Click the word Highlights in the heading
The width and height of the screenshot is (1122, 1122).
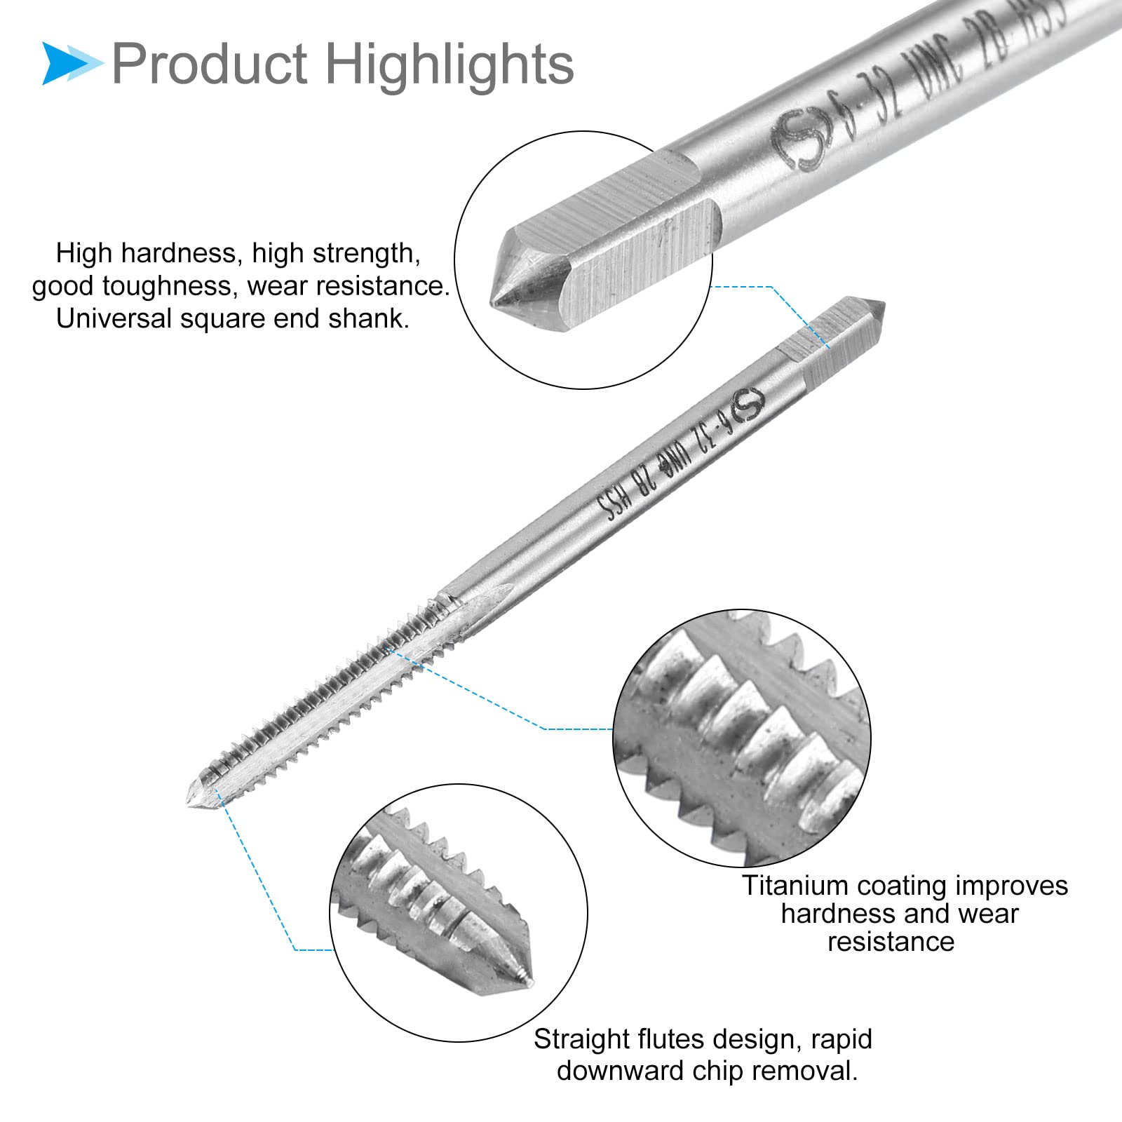pos(450,64)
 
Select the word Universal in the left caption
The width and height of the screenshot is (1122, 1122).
pos(114,318)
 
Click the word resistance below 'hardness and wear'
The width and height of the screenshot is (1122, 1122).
pos(891,942)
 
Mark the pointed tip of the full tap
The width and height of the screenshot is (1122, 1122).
pos(190,806)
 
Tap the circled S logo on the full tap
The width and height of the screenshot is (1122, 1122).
pos(747,405)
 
